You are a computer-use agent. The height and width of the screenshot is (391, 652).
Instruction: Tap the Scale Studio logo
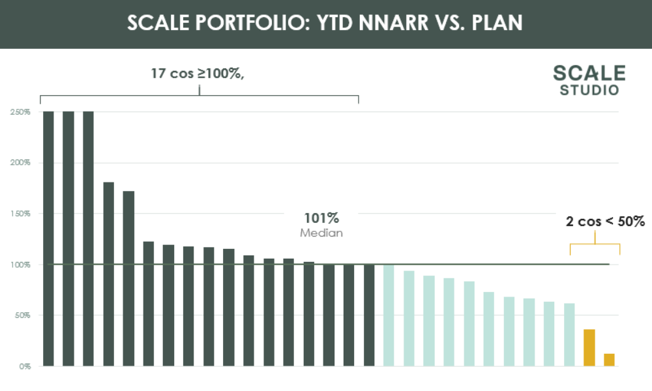(589, 80)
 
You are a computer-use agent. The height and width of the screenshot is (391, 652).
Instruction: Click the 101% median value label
(321, 218)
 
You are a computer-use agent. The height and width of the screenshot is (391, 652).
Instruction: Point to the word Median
(321, 233)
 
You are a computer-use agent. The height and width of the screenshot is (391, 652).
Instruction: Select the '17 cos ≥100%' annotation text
(198, 74)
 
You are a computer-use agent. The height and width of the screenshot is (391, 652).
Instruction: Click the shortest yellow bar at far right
(609, 359)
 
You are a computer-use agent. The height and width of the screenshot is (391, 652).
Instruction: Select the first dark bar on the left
(48, 238)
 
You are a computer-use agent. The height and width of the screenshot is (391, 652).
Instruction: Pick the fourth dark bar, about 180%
(109, 274)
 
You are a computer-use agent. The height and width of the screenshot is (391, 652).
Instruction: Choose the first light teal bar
(389, 315)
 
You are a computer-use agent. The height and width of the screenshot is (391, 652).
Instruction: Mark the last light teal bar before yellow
(569, 334)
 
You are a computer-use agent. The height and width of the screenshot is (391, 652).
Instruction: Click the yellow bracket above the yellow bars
(595, 244)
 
